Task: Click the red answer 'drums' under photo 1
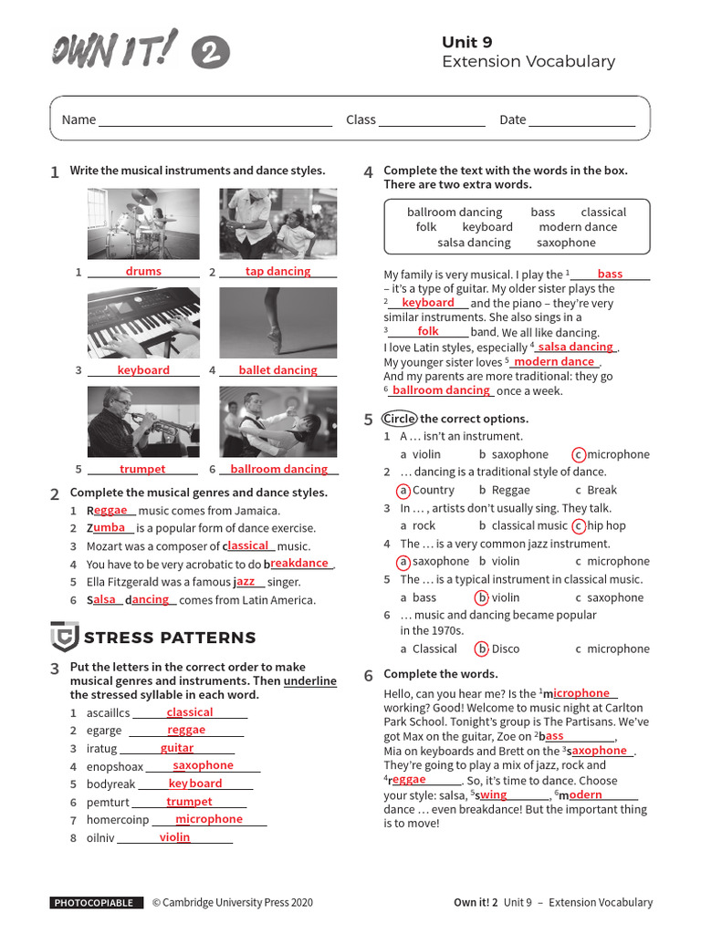click(x=143, y=271)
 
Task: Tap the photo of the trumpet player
click(x=143, y=421)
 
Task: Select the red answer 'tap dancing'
click(x=277, y=271)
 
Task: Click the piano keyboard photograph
click(x=143, y=323)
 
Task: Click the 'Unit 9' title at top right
click(x=466, y=42)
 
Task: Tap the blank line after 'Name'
click(x=215, y=120)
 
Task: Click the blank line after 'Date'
click(x=581, y=120)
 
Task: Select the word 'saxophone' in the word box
click(x=566, y=243)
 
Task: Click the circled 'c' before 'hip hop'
click(x=578, y=525)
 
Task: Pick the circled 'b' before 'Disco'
click(x=482, y=649)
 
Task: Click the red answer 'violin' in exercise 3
click(x=174, y=837)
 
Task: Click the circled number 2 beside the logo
click(x=210, y=53)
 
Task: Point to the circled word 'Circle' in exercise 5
click(x=399, y=419)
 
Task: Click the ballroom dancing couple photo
click(x=277, y=421)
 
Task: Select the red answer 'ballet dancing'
click(x=277, y=370)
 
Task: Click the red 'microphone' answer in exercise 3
click(x=209, y=819)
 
